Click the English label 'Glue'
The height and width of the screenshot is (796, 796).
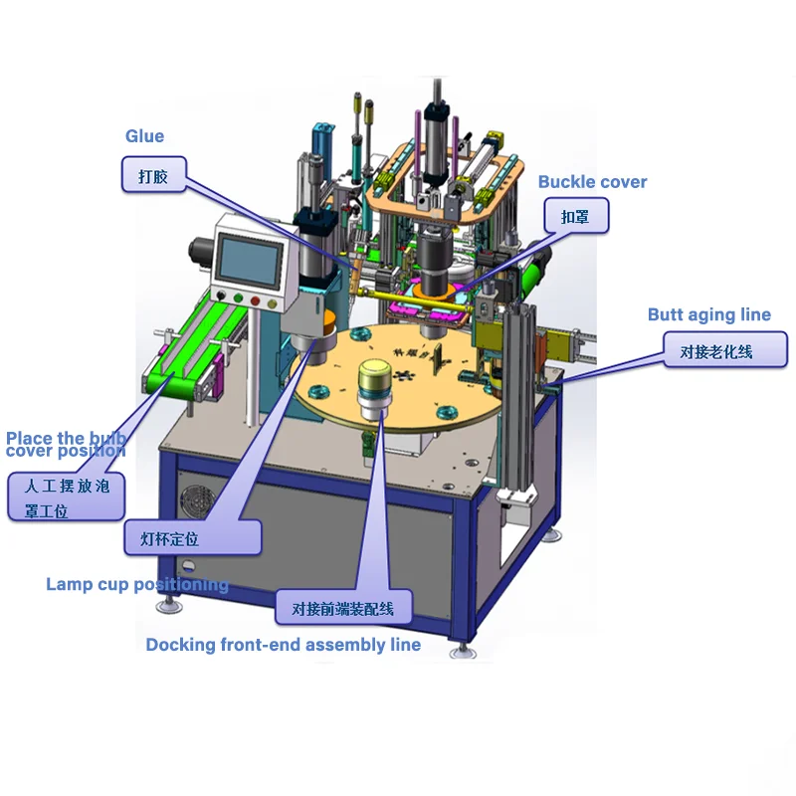point(144,136)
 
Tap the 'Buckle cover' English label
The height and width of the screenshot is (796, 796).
point(592,182)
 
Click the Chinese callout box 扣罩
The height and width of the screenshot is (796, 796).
point(575,215)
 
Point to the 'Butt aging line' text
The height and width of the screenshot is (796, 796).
point(708,314)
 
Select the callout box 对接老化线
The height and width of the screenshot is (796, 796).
point(725,350)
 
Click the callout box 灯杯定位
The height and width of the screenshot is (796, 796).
point(193,538)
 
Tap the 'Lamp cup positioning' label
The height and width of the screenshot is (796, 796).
point(137,584)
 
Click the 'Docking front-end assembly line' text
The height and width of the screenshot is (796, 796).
point(283,645)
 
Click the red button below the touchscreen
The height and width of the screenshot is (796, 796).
point(257,300)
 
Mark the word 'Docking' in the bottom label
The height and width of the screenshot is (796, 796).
point(180,645)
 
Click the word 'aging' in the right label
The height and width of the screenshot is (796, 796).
point(709,315)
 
